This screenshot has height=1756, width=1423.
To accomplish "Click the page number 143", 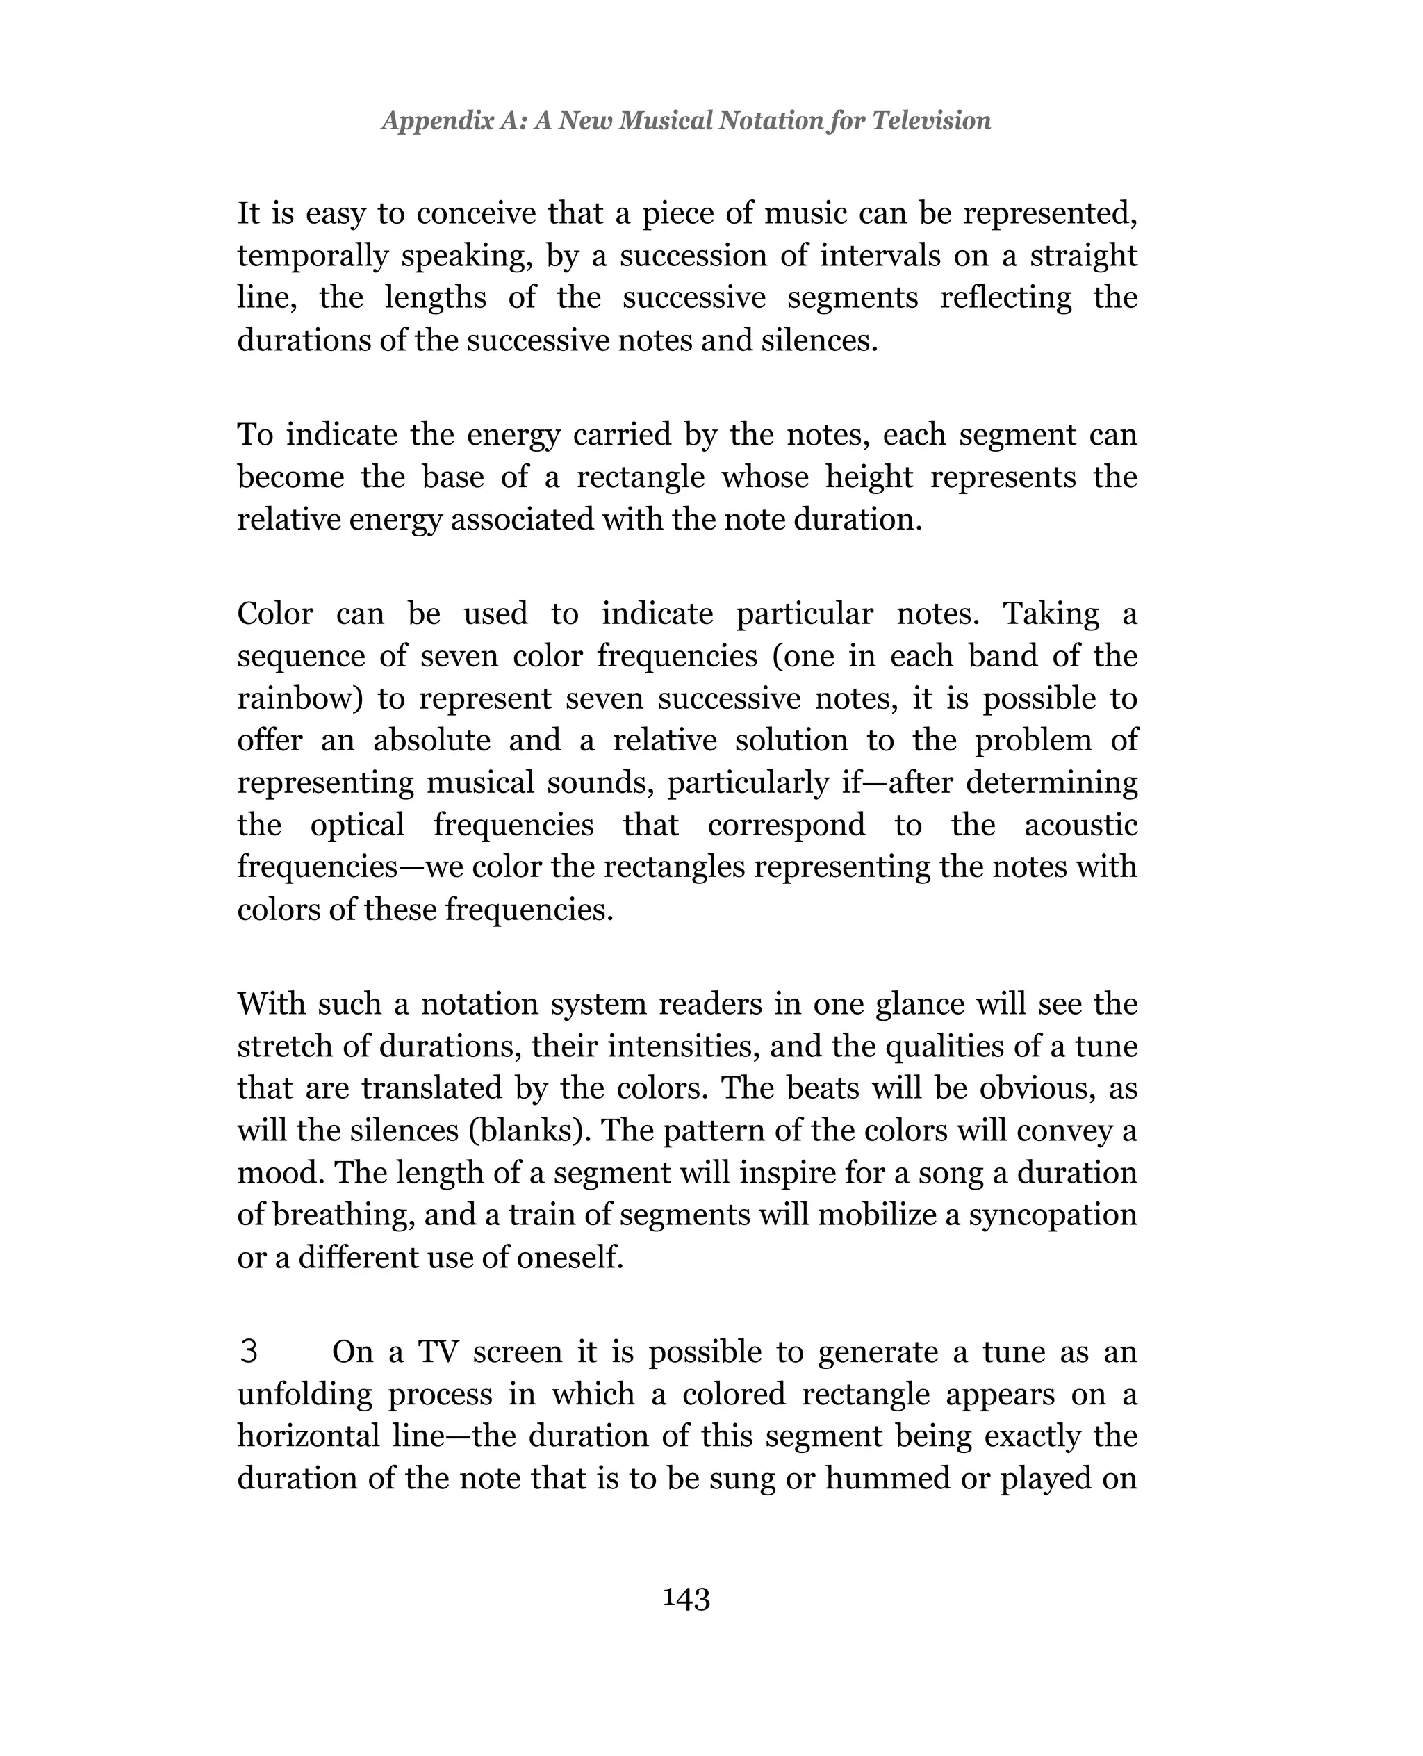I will click(x=686, y=1598).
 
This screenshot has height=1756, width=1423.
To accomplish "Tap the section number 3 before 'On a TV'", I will click(x=248, y=1352).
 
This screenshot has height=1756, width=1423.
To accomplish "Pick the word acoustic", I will click(x=1080, y=825).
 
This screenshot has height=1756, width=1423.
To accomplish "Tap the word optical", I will click(x=357, y=825).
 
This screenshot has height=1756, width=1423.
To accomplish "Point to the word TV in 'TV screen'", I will click(x=438, y=1352).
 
